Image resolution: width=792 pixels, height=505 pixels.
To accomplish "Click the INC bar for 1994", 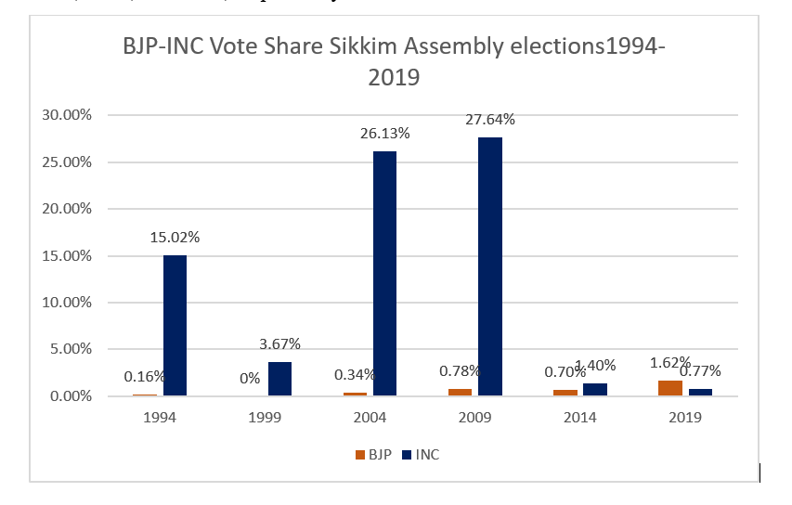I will point(175,325).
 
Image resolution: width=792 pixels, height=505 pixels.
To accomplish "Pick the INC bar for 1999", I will point(279,379).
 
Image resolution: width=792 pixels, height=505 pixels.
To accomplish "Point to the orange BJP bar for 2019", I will point(670,388).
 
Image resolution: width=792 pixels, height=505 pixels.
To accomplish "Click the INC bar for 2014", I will point(595,390).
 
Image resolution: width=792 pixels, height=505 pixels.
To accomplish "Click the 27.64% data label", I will point(490,119).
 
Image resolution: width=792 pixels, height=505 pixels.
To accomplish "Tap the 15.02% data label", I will point(175,237).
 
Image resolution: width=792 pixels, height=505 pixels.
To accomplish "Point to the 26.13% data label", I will point(384,134).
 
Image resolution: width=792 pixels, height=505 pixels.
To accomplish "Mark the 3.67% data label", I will point(279,343).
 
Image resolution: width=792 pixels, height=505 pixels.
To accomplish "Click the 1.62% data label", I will point(670,363).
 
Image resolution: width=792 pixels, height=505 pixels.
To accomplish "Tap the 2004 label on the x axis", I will point(372,418).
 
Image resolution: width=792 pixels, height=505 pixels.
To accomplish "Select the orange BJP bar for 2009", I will point(461,392).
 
